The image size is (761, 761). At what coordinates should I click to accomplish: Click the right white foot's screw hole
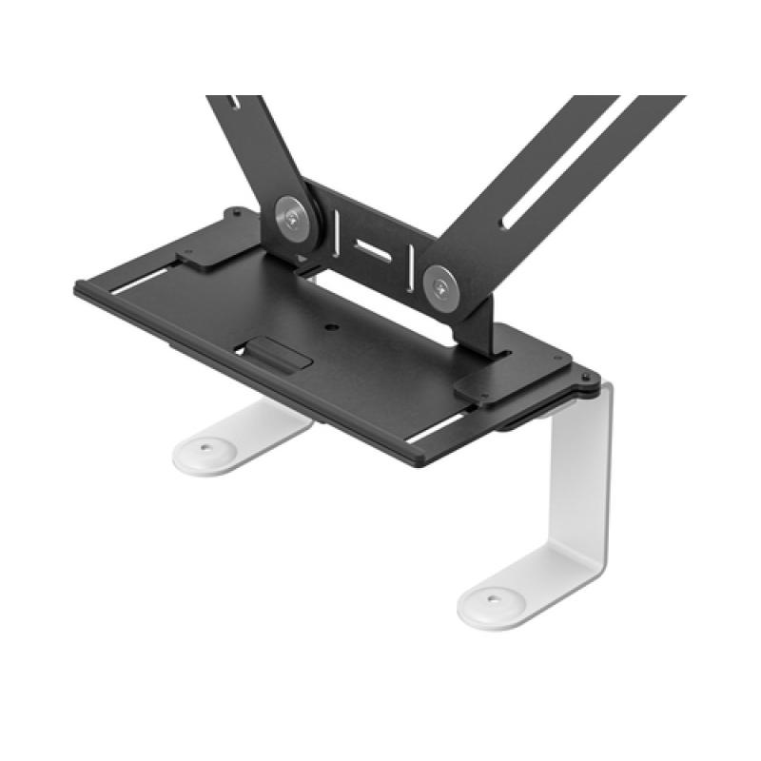click(493, 599)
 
